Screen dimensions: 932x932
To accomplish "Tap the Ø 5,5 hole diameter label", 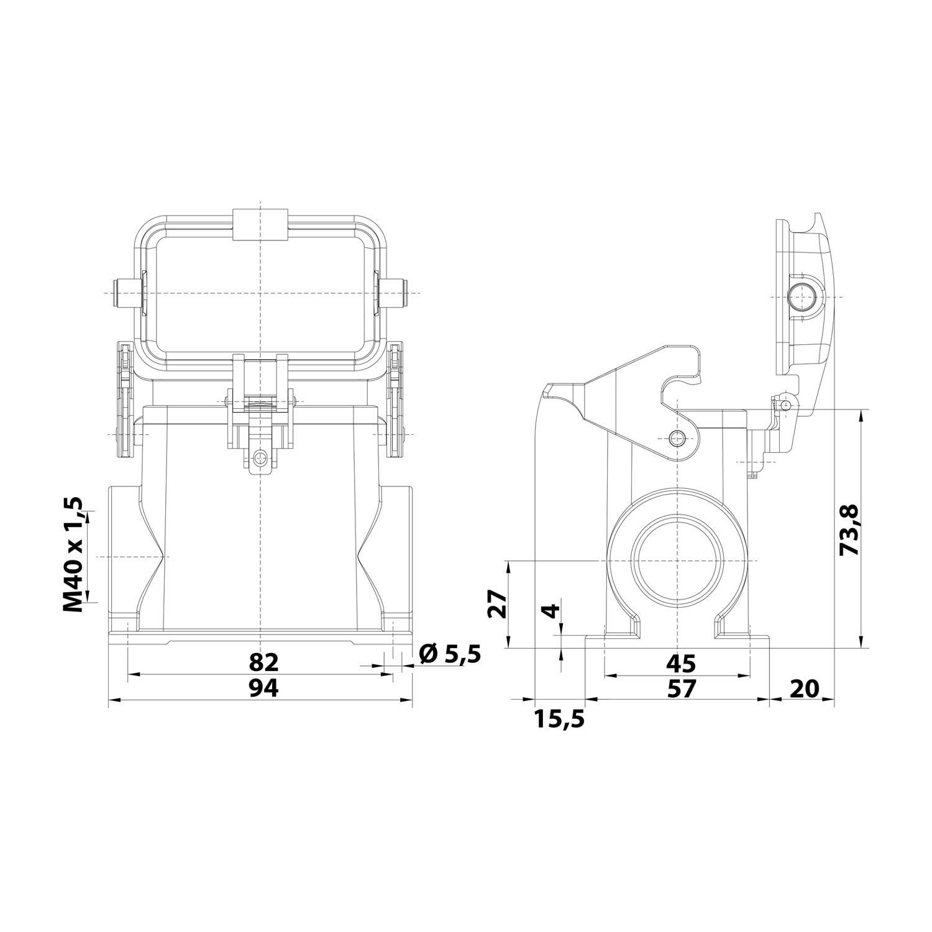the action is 450,654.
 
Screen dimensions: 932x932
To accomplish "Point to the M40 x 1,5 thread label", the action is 73,554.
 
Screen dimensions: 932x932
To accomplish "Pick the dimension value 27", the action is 497,603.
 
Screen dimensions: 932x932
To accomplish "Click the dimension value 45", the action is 681,663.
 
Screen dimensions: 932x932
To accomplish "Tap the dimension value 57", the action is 681,688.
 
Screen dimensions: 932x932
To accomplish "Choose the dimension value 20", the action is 805,688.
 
